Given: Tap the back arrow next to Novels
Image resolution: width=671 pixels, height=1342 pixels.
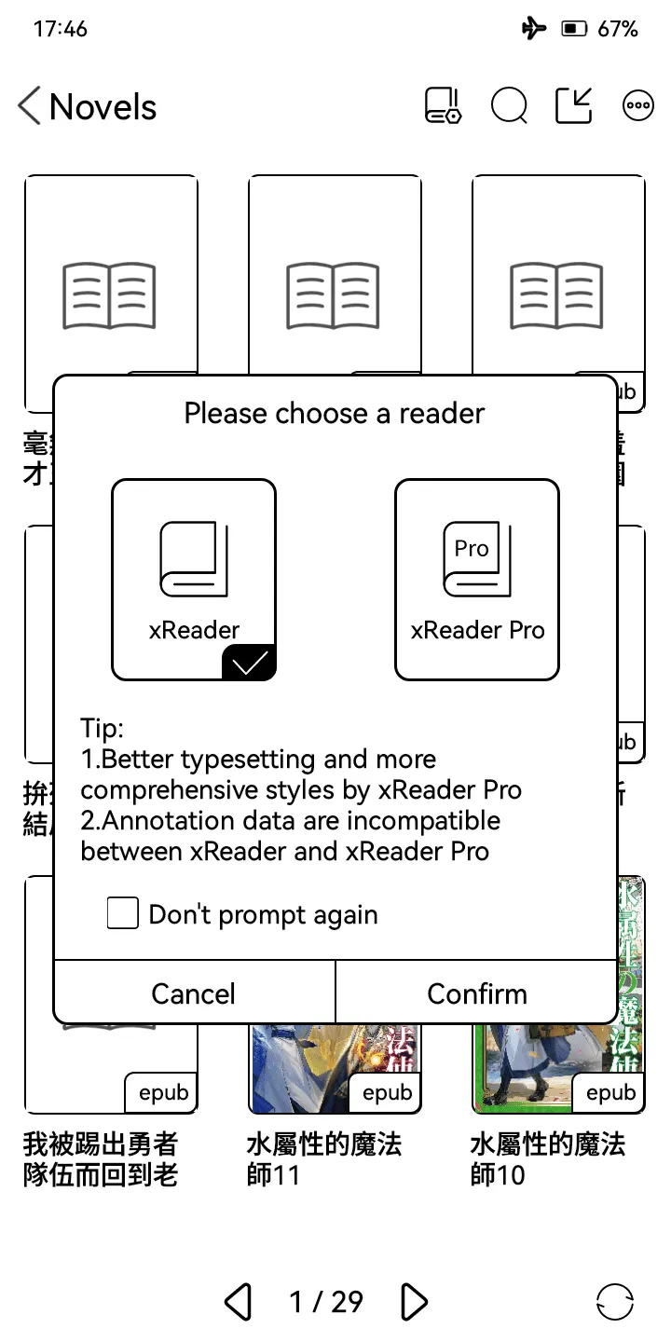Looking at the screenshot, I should pyautogui.click(x=29, y=106).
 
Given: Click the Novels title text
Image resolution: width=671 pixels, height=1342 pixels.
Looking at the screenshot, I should pyautogui.click(x=103, y=107).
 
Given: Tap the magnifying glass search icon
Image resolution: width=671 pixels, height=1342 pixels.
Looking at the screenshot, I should pyautogui.click(x=509, y=105).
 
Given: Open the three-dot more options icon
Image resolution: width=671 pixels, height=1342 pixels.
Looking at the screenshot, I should pyautogui.click(x=637, y=105).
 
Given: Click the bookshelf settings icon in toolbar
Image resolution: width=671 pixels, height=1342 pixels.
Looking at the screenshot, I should pyautogui.click(x=442, y=105).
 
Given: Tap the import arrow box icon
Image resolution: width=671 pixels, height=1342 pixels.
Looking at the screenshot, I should pyautogui.click(x=573, y=105).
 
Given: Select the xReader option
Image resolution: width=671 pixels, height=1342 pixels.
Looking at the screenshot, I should pyautogui.click(x=194, y=579).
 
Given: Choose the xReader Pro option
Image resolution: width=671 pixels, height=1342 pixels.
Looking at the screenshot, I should pyautogui.click(x=477, y=579).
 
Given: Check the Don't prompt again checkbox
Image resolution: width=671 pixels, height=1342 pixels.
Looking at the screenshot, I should pyautogui.click(x=123, y=914).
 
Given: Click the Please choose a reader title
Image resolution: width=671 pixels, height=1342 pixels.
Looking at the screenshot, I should pyautogui.click(x=335, y=413).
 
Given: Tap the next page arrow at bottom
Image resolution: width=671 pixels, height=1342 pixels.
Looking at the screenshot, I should pyautogui.click(x=414, y=1301).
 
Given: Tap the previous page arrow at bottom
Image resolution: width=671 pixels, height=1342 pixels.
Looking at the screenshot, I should pyautogui.click(x=239, y=1301).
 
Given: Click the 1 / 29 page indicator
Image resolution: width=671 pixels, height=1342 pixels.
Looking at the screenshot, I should pyautogui.click(x=325, y=1301).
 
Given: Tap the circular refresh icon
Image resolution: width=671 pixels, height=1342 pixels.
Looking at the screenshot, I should pyautogui.click(x=614, y=1301).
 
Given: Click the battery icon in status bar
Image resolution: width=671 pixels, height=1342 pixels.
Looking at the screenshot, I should pyautogui.click(x=572, y=29).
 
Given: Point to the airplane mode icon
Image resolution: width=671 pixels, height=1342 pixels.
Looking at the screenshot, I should pyautogui.click(x=534, y=29).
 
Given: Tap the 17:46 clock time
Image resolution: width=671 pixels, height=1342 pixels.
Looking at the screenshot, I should pyautogui.click(x=60, y=29).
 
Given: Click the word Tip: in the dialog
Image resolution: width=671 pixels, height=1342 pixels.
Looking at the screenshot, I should pyautogui.click(x=102, y=728).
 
